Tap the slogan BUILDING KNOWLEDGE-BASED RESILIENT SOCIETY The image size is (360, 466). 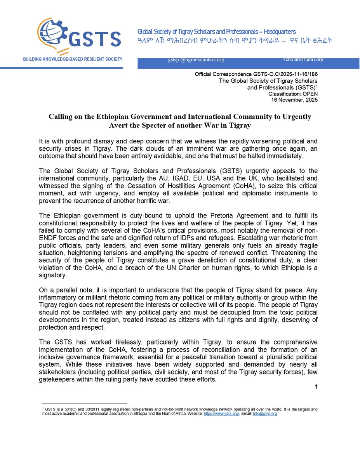[x=73, y=59]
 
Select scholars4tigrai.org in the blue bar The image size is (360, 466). [x=303, y=59]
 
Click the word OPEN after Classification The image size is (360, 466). [x=310, y=94]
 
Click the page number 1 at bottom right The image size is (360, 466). [x=317, y=387]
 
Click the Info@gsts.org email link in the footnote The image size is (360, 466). [x=265, y=414]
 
